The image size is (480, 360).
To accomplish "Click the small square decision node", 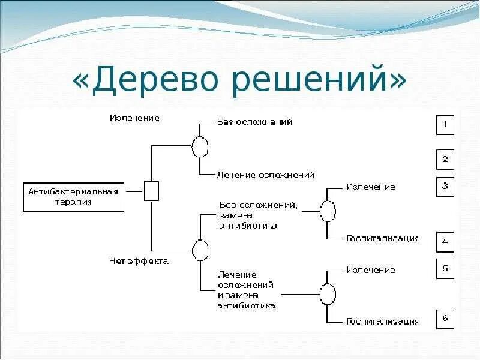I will (152, 191).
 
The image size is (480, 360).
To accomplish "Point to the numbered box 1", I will (445, 125).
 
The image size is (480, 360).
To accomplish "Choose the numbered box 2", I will (445, 160).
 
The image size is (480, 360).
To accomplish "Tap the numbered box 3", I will (445, 187).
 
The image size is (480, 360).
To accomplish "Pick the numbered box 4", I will (445, 242).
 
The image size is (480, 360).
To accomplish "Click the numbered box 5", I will (445, 269).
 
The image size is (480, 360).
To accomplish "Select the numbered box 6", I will (445, 318).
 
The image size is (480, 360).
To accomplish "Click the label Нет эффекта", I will (139, 261).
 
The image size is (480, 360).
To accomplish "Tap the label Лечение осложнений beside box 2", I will (265, 175).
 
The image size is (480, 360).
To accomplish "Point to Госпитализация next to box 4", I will (382, 238).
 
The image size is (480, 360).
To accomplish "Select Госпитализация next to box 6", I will (382, 322).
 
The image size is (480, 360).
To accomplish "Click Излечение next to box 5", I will (370, 270).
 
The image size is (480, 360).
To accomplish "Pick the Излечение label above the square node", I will (134, 118).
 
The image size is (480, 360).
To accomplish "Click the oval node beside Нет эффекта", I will (199, 249).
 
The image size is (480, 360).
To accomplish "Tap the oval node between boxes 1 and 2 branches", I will (200, 146).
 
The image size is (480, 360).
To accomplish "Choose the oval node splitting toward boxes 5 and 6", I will (328, 295).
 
